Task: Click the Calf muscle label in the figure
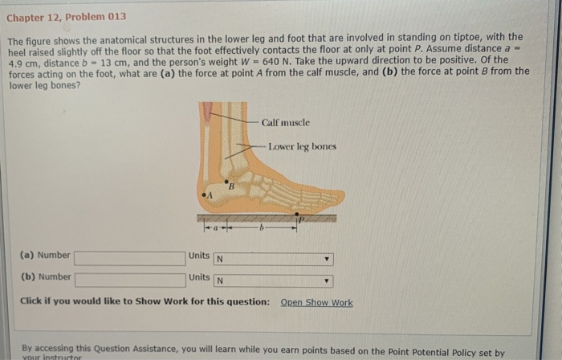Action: point(285,122)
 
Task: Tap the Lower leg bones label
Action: point(303,147)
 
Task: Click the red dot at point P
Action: point(296,215)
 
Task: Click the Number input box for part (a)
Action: point(129,258)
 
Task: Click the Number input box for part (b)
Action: point(129,280)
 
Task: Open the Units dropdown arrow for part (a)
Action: point(327,260)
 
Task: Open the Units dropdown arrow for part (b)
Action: point(327,282)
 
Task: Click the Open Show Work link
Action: point(316,302)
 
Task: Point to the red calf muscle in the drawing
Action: point(208,112)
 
